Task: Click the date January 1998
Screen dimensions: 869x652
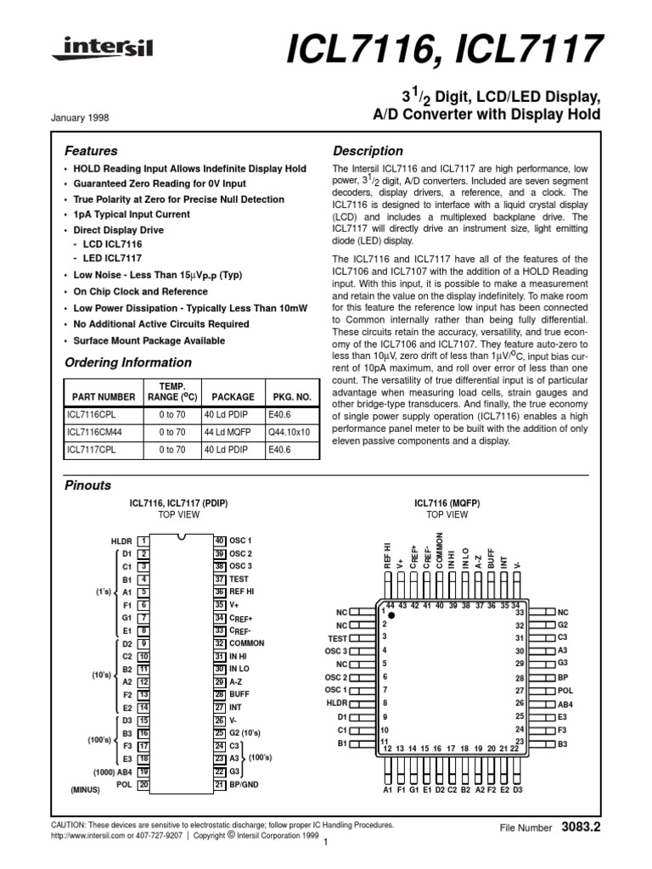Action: [87, 118]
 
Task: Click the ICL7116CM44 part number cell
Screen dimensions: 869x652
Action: [97, 432]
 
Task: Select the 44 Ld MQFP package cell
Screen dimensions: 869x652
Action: [233, 432]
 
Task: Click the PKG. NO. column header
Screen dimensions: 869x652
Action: [293, 396]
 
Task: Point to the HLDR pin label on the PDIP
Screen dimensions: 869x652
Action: [122, 541]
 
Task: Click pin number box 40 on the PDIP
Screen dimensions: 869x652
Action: [219, 541]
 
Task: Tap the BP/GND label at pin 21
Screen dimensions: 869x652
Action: [244, 785]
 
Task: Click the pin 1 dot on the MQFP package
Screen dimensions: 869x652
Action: [391, 615]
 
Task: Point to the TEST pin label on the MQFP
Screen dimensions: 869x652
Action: [337, 637]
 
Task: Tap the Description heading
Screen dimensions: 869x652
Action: [368, 151]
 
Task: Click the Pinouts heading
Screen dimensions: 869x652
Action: [88, 486]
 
